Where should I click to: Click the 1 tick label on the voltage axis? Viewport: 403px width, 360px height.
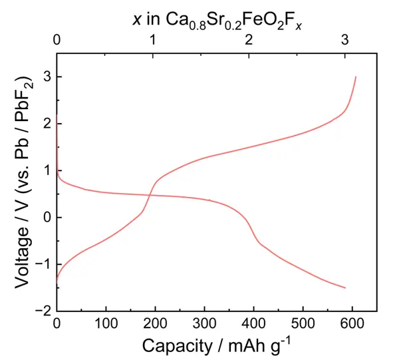click(x=45, y=171)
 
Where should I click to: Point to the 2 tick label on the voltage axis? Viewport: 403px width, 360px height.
click(x=45, y=124)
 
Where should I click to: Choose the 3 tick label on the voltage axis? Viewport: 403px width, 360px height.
click(x=45, y=77)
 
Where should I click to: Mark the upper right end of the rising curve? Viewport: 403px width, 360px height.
click(x=356, y=77)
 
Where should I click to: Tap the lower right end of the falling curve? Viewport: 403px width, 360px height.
click(x=345, y=287)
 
